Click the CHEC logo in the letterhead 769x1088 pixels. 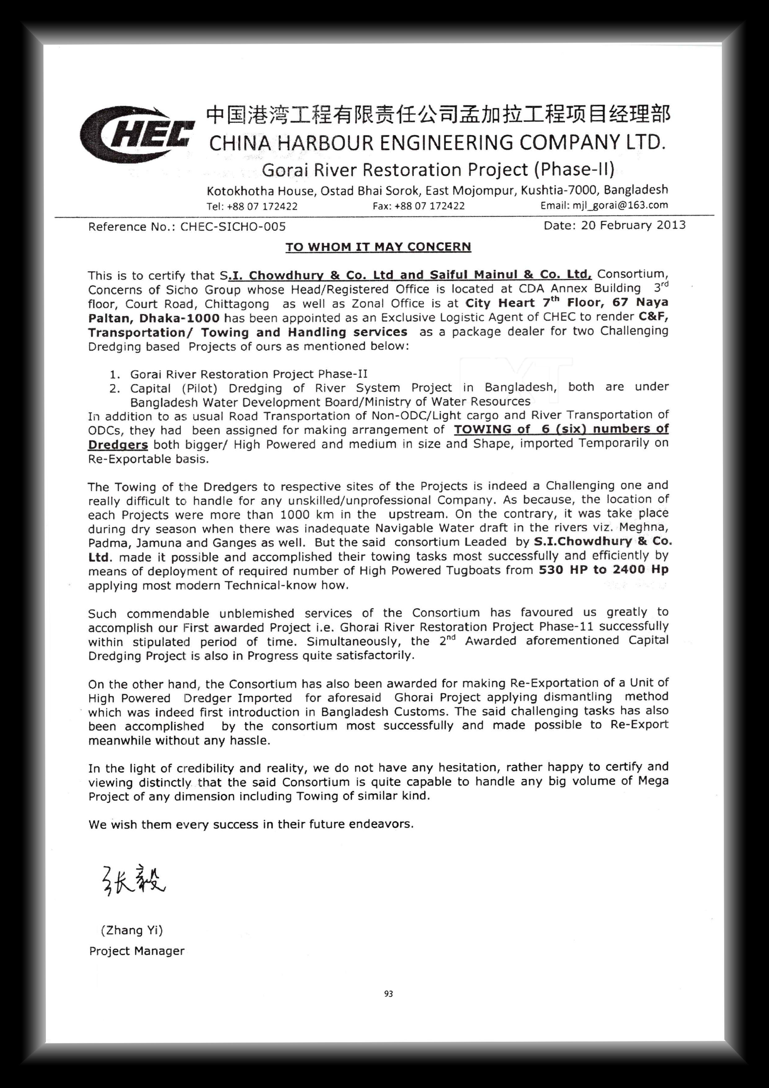click(x=136, y=134)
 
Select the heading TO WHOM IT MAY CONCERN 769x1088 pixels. click(x=378, y=247)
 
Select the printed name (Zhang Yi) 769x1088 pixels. click(x=132, y=930)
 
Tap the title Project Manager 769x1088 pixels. click(x=136, y=951)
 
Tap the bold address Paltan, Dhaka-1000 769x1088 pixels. click(x=153, y=318)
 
